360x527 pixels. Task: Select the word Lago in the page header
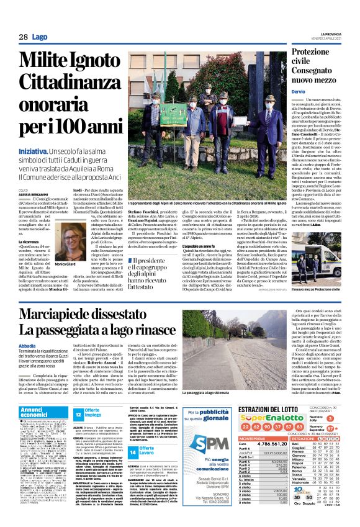click(x=40, y=37)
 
